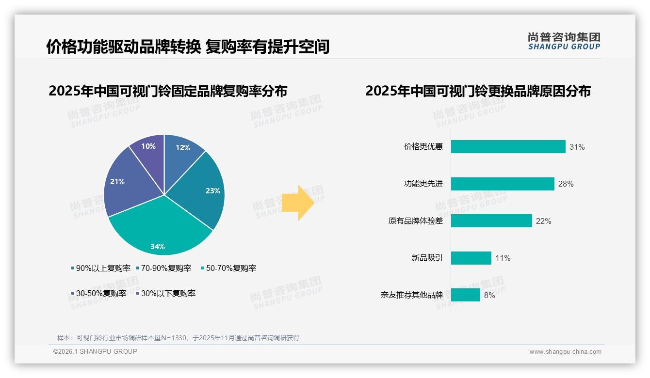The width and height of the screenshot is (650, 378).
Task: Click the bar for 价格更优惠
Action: tap(508, 147)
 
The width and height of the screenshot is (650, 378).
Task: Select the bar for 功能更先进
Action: tap(503, 184)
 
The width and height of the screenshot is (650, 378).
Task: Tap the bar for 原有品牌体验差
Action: tap(491, 221)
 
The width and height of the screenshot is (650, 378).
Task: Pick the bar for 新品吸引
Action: tap(471, 258)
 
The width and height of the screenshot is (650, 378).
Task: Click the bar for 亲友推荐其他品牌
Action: tap(466, 295)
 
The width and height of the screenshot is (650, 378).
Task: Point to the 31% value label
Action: tap(577, 147)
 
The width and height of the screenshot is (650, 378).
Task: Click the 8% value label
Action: tap(489, 295)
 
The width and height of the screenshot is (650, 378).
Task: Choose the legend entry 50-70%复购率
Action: tap(228, 268)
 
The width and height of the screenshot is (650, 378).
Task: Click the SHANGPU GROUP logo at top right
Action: tap(564, 41)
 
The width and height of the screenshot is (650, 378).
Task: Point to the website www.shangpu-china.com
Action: tap(565, 352)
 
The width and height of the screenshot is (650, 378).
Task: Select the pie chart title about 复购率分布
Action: tap(168, 91)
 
